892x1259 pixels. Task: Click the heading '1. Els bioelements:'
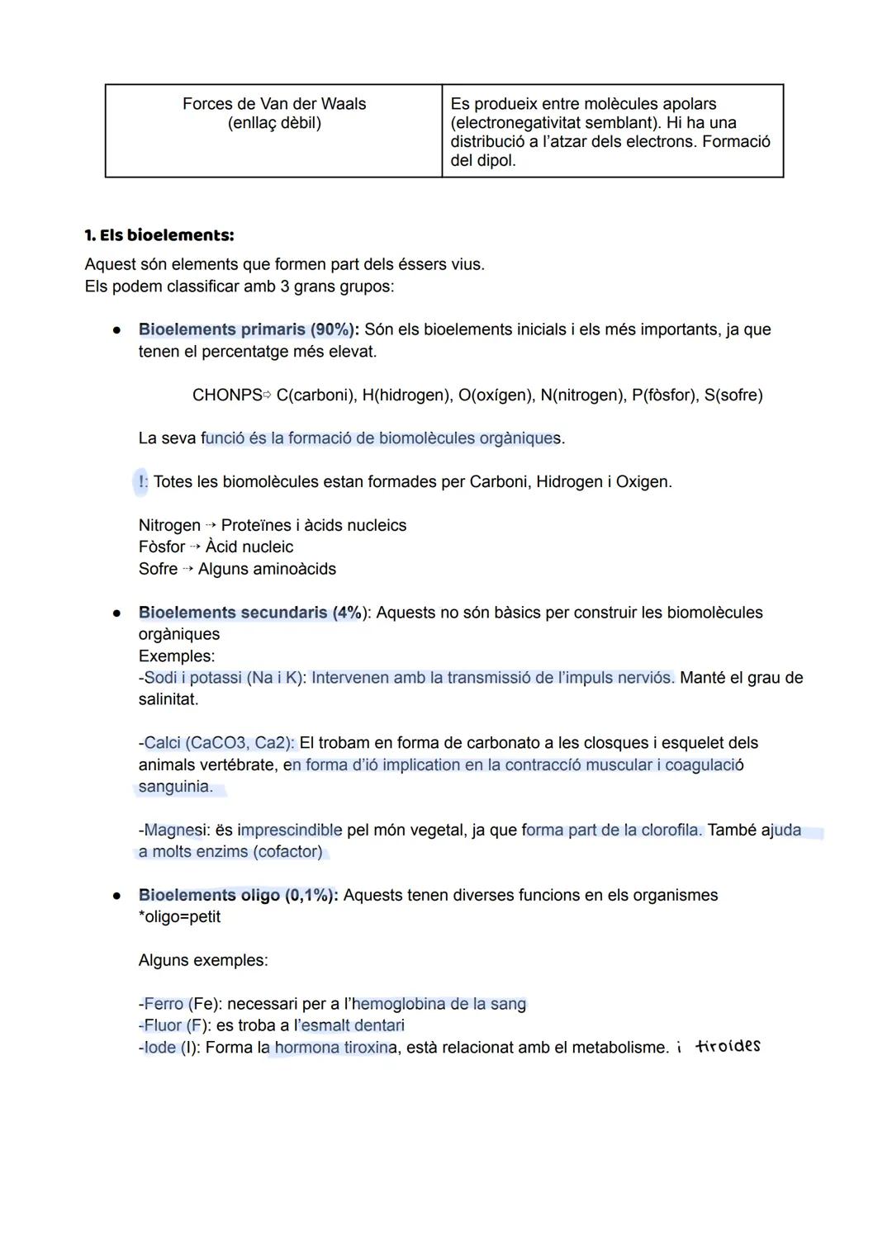159,235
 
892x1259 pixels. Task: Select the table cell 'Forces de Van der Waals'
273,104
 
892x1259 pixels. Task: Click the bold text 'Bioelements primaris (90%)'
246,329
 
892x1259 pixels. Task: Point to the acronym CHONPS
226,395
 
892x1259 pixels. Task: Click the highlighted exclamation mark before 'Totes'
141,481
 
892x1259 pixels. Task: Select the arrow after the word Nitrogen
211,526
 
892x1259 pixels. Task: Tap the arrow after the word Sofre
187,570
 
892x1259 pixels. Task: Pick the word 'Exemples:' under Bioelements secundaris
176,656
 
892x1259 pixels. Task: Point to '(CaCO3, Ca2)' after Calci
241,743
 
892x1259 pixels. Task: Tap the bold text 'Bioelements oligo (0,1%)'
237,895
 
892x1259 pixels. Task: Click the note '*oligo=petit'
179,917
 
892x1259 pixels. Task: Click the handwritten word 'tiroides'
728,1047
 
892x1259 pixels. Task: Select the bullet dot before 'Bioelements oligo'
118,895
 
